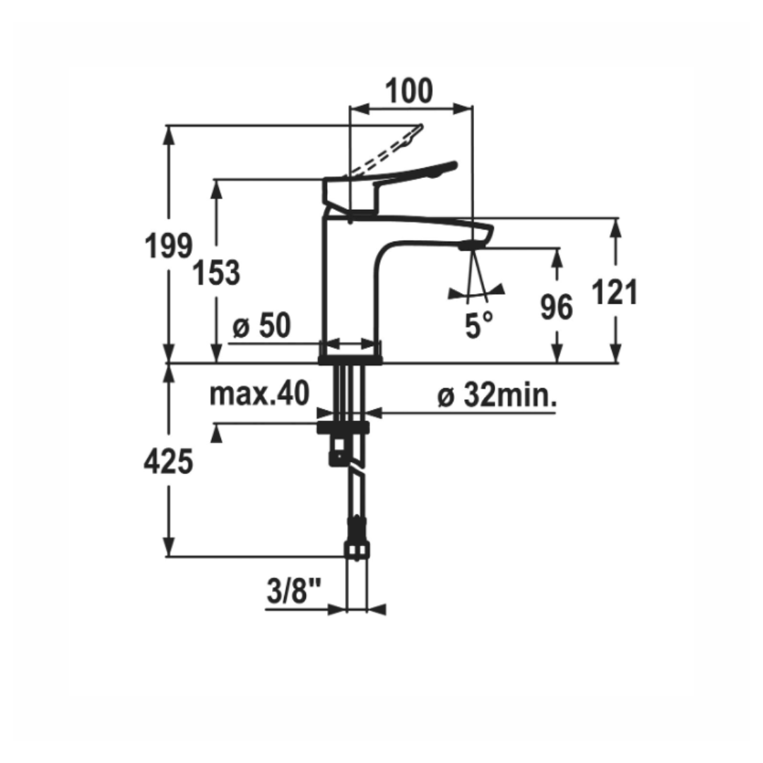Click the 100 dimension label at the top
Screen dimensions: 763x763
(x=409, y=91)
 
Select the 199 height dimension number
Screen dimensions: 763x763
(x=168, y=247)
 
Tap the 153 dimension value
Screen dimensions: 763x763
(x=217, y=273)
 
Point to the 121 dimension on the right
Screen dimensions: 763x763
(x=614, y=292)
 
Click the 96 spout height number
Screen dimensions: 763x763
(x=556, y=307)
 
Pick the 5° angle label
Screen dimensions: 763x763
(x=479, y=325)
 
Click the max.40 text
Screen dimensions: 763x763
(x=259, y=394)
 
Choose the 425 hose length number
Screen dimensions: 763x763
(x=168, y=461)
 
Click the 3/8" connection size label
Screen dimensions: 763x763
(x=294, y=591)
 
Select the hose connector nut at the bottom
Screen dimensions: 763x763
(x=357, y=550)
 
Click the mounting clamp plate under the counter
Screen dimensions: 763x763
(x=343, y=427)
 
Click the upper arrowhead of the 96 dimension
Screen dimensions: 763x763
(x=558, y=256)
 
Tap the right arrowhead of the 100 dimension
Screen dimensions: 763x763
(x=463, y=109)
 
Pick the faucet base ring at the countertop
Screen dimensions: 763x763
(x=350, y=360)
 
